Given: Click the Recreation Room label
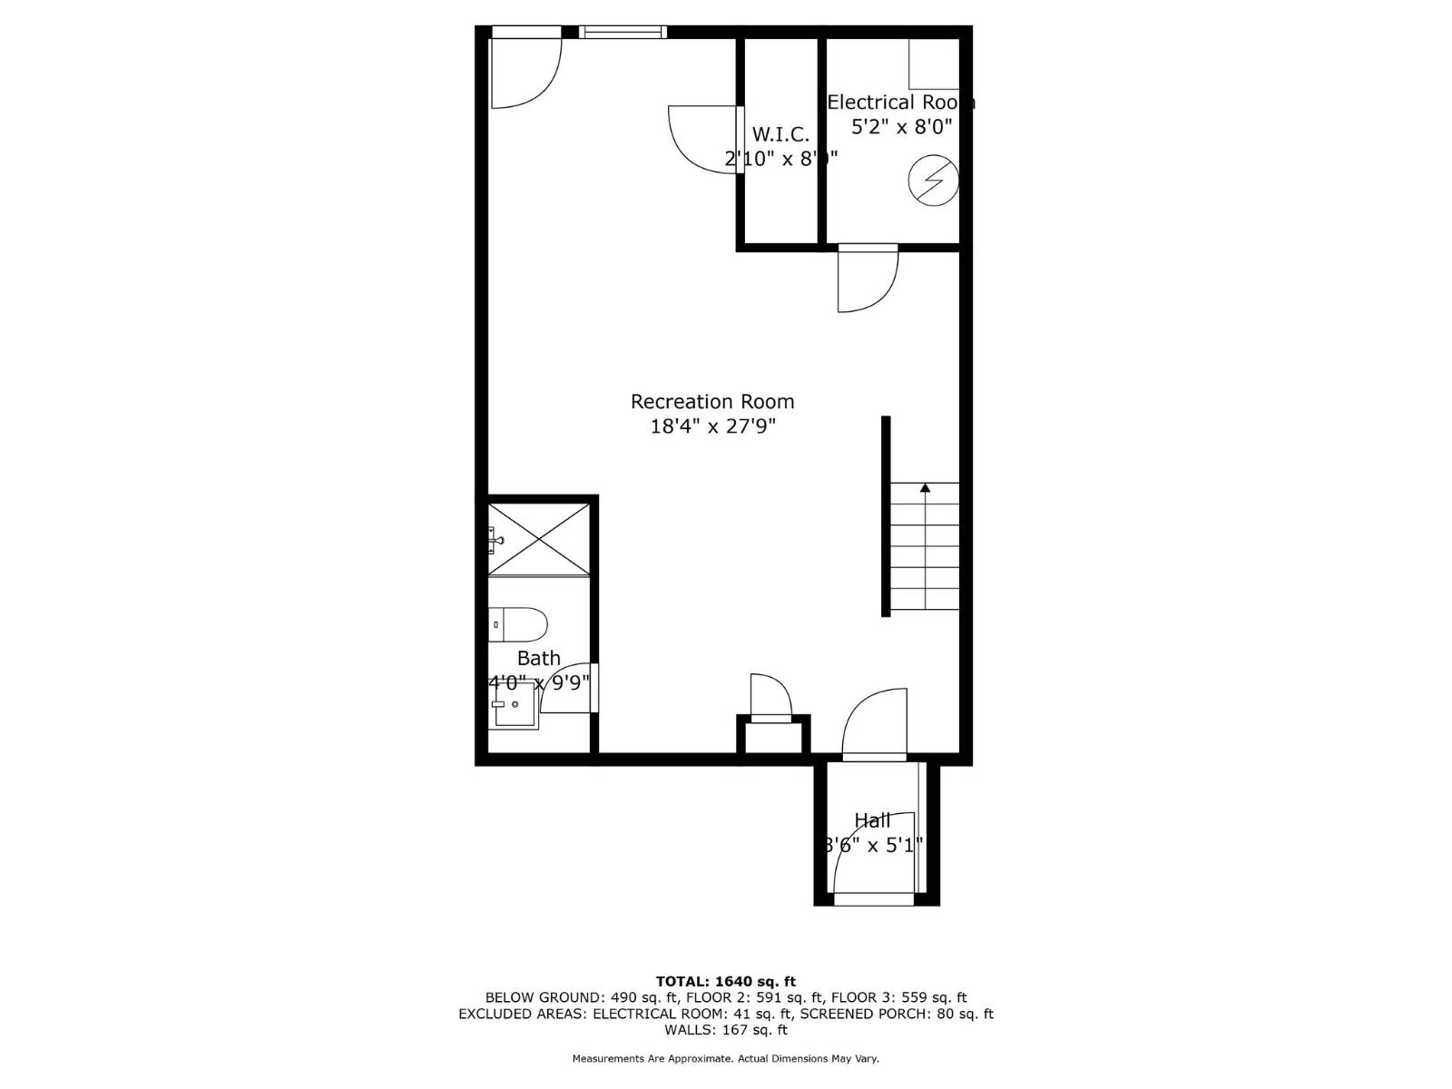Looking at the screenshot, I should (712, 402).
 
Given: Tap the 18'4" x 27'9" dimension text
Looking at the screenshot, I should (712, 426).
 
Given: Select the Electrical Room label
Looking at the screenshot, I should (900, 103).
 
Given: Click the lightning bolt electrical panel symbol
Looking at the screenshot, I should (933, 181).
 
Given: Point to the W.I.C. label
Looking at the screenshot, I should (780, 135).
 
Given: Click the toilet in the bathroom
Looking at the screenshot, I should (519, 624).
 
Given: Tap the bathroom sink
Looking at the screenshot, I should (514, 705).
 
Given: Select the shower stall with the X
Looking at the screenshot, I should (539, 538).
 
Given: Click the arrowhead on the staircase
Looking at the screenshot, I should (925, 488).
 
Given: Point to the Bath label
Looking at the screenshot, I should (539, 659).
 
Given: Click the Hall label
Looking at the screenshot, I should (872, 821).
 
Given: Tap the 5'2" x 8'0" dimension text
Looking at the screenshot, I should (901, 127).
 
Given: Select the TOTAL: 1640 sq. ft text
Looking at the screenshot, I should (725, 981).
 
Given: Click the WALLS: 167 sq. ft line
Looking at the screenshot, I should (725, 1030).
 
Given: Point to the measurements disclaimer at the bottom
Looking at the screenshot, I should (725, 1058).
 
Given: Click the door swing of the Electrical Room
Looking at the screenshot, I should (866, 279).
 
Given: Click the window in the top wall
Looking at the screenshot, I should (623, 33).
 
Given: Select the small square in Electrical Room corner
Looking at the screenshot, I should (934, 64).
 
